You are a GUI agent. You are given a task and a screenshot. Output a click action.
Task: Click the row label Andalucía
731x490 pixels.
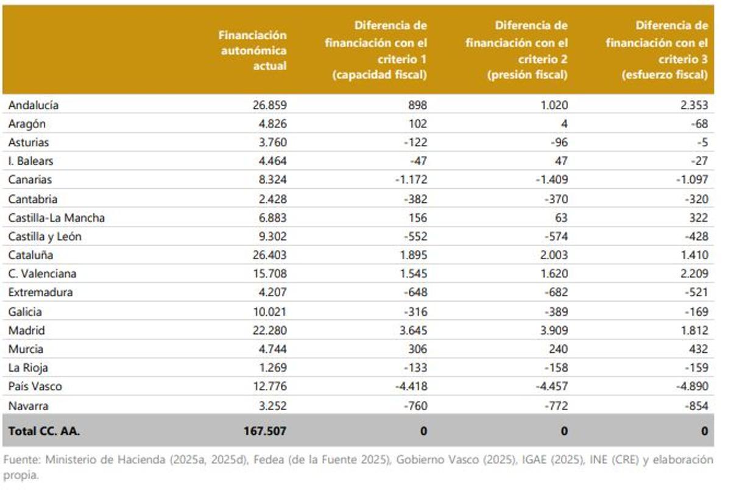click(34, 105)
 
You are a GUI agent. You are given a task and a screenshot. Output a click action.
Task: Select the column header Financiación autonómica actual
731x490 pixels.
click(252, 51)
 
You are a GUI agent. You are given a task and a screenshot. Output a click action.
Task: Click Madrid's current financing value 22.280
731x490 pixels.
click(269, 330)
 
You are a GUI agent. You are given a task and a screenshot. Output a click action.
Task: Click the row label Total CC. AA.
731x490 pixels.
click(44, 431)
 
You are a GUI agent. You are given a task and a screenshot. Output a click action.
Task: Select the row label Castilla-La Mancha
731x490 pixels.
click(56, 218)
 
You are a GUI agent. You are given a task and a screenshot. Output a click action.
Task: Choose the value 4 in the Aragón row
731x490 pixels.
click(564, 124)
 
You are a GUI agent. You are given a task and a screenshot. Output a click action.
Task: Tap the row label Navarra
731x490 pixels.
click(28, 405)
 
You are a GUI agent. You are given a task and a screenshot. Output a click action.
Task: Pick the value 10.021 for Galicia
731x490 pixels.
click(269, 311)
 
